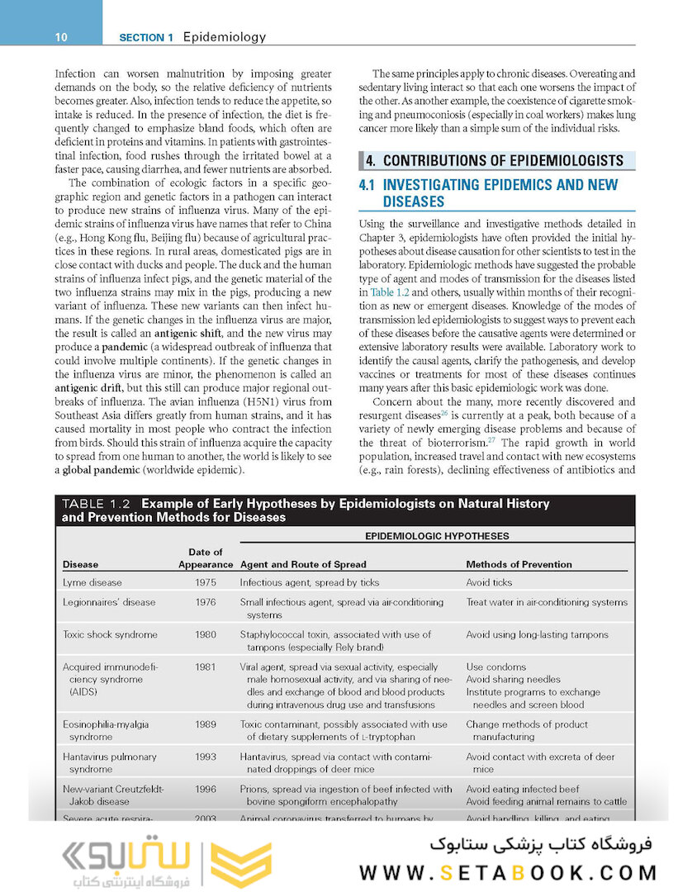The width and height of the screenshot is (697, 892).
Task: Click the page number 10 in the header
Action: [60, 37]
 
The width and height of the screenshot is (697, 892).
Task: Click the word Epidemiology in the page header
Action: [224, 37]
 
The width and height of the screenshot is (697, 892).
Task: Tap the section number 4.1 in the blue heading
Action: [368, 185]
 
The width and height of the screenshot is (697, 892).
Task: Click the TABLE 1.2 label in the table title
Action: [97, 504]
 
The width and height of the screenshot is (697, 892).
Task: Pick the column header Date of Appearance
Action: [205, 558]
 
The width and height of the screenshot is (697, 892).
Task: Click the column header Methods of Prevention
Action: [519, 565]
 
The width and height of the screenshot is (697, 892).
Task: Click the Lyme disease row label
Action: [92, 582]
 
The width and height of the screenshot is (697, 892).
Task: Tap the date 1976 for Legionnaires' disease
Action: [206, 602]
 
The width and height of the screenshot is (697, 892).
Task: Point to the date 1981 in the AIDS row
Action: [206, 667]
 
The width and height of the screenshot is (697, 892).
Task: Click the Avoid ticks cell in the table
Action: [489, 582]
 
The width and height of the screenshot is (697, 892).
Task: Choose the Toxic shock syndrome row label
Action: [110, 634]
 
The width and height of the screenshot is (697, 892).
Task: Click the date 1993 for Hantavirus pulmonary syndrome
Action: [206, 757]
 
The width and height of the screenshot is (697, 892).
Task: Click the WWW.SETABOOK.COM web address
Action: [508, 873]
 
